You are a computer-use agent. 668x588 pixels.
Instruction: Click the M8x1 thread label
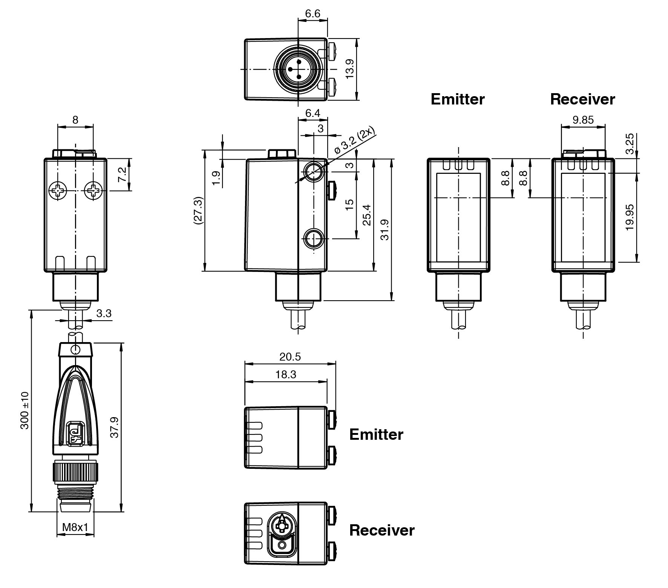tap(75, 527)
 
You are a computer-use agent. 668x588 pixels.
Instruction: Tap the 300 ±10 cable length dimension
tap(25, 410)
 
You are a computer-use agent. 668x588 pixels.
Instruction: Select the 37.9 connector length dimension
tap(115, 427)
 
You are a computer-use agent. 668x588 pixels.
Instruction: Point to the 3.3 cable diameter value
tap(104, 313)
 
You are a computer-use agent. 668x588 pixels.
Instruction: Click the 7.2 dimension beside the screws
tap(123, 175)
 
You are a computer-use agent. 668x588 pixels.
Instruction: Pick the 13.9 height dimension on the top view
tap(350, 69)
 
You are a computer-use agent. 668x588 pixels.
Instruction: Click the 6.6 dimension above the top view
tap(313, 14)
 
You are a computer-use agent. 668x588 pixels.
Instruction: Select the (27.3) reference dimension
tap(199, 210)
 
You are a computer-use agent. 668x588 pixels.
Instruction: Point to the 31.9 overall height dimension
tap(385, 229)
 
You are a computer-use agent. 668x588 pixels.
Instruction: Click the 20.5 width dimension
tap(290, 356)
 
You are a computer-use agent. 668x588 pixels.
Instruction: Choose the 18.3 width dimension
tap(286, 374)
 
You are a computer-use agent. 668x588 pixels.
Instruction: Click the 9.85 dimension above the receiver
tap(583, 120)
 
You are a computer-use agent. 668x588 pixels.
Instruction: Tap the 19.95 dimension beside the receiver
tap(629, 218)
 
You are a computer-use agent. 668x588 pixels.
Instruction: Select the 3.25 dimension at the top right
tap(629, 144)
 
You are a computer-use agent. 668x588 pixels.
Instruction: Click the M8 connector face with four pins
tap(298, 69)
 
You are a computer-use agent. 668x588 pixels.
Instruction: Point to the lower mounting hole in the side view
tap(314, 238)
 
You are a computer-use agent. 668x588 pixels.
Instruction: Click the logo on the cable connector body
tap(75, 432)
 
